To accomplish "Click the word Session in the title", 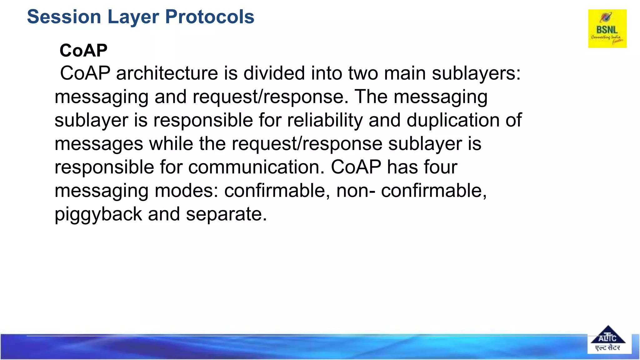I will [x=64, y=17].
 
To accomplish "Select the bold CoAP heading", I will [x=83, y=51].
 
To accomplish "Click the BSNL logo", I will [x=607, y=28].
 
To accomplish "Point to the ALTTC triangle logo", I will [x=607, y=336].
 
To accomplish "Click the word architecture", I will [x=167, y=73].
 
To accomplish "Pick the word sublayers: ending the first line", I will [x=476, y=73].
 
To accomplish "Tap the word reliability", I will [x=325, y=120].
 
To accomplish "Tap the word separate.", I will [x=226, y=215].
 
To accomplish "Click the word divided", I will [x=274, y=73].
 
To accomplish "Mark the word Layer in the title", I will [x=133, y=17].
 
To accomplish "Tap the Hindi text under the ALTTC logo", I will [x=607, y=347].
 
